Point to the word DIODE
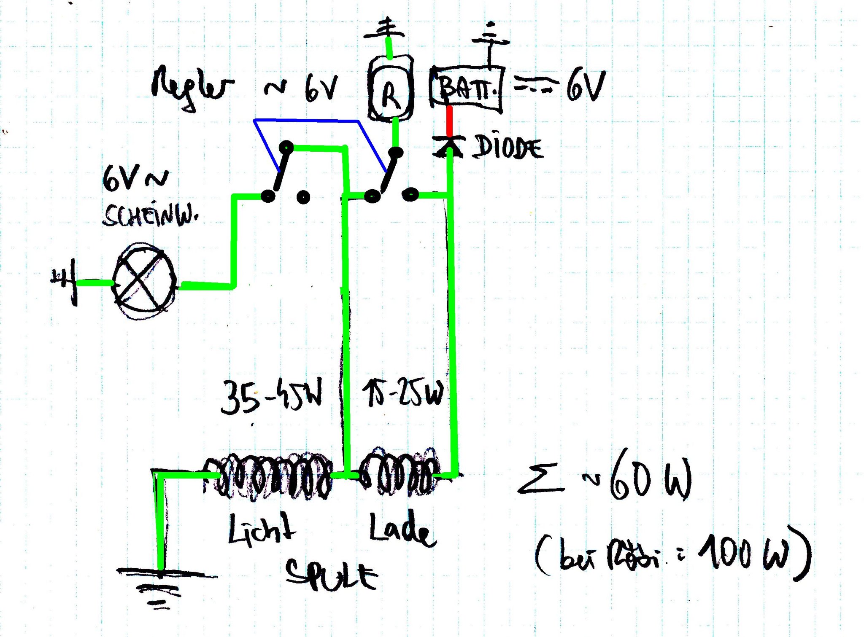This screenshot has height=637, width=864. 508,148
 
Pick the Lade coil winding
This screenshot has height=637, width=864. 399,472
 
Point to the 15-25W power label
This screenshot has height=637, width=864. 403,394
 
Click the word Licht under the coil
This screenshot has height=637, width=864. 262,529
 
